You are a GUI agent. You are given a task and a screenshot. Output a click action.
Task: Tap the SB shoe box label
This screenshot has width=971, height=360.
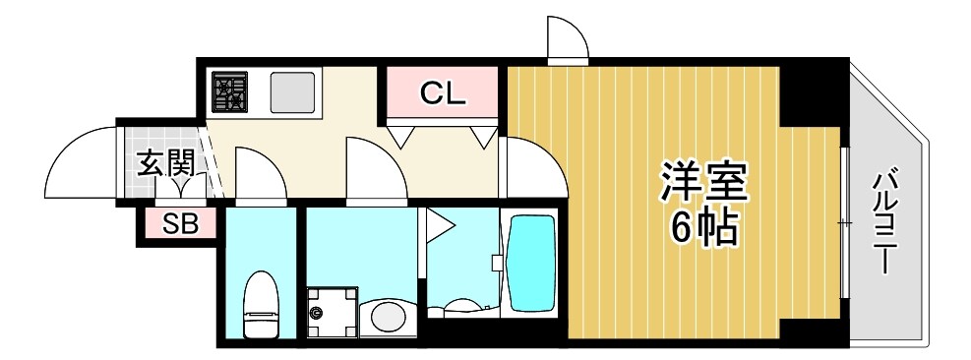(x=181, y=224)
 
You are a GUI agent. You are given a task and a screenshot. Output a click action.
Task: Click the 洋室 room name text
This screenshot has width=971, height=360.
(x=704, y=182)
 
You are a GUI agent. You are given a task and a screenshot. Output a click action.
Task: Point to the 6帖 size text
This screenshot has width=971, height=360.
(x=704, y=227)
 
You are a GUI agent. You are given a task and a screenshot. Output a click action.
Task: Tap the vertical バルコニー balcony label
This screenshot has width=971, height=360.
(x=885, y=223)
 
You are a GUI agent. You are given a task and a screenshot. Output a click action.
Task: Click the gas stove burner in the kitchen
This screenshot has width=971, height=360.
(x=229, y=91)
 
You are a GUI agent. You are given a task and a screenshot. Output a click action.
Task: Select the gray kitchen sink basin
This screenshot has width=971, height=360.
(x=292, y=92)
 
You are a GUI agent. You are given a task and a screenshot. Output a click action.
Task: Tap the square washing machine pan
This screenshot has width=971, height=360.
(x=333, y=312)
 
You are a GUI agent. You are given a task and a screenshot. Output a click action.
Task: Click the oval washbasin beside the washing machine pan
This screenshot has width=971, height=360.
(x=388, y=316)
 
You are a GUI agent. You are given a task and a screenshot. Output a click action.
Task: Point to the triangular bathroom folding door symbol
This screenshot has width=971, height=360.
(x=439, y=224)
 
